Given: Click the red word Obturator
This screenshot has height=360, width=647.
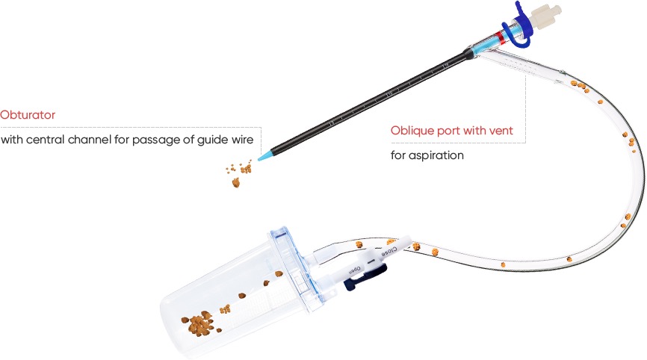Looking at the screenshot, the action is point(28,114).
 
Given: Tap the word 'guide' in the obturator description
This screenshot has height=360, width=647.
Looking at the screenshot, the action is point(212,140).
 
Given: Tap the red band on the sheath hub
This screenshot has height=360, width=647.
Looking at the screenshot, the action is point(500,37).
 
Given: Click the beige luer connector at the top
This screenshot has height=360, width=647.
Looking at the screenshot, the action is point(545,16).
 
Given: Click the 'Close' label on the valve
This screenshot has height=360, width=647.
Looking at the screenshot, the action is point(388,251).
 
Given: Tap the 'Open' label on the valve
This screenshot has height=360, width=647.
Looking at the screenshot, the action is point(355,270).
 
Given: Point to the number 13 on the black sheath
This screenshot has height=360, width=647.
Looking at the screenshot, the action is point(331,123).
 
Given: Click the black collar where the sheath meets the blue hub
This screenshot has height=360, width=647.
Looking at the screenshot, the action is point(468,54).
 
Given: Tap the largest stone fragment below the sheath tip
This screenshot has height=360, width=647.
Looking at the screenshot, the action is point(236,182).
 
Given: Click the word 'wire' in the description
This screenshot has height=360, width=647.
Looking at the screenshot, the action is point(243,140).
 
